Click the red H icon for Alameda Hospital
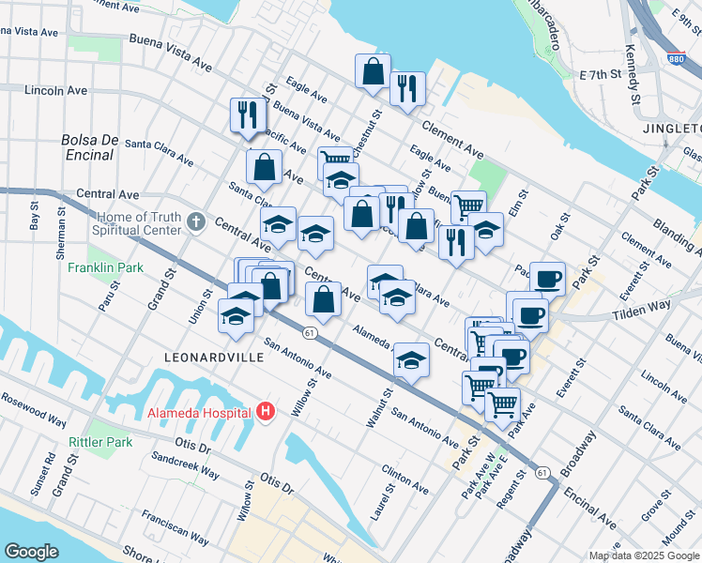[267, 412]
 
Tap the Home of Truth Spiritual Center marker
[195, 222]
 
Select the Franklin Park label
[105, 267]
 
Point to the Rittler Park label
[97, 441]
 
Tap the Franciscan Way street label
[174, 526]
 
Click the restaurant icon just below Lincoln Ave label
[244, 114]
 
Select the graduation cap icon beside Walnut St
[411, 359]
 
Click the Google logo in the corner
[32, 551]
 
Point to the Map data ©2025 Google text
[644, 555]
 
